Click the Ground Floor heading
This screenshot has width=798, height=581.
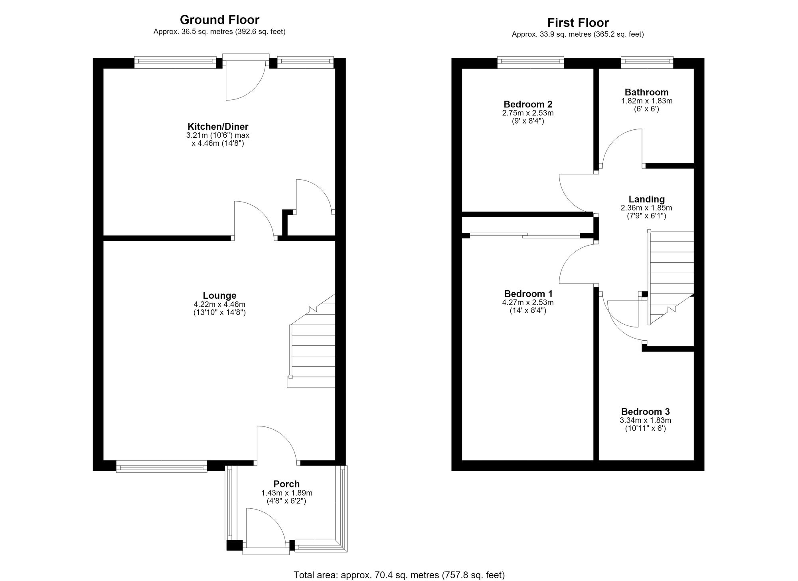click(219, 20)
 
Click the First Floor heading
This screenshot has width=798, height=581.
click(578, 22)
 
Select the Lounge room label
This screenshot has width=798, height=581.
click(219, 295)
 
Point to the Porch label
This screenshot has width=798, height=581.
click(286, 484)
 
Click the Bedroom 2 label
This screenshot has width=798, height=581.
click(528, 104)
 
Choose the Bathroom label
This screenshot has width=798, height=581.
click(647, 92)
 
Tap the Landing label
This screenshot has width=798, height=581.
click(647, 199)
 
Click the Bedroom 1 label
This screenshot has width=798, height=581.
click(528, 294)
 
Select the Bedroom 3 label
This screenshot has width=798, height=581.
click(646, 411)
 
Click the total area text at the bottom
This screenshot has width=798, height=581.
click(399, 575)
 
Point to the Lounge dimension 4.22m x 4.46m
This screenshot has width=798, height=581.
click(219, 304)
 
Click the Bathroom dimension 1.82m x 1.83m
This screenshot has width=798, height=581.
click(647, 101)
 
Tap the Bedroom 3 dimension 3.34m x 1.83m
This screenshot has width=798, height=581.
click(646, 420)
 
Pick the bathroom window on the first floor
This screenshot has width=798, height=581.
click(647, 61)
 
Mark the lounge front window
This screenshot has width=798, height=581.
click(162, 466)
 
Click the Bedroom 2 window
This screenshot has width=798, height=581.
click(531, 61)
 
